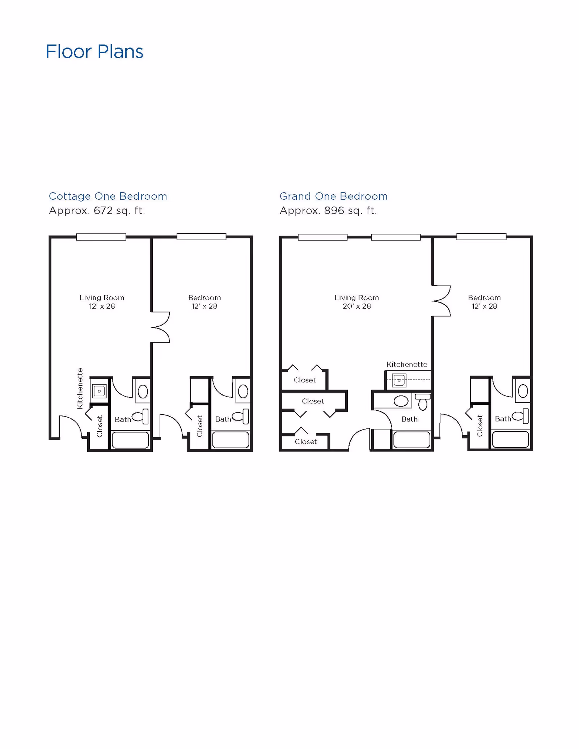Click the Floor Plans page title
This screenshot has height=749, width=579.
click(94, 51)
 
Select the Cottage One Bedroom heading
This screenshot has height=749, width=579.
click(108, 196)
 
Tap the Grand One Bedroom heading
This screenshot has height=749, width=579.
click(333, 196)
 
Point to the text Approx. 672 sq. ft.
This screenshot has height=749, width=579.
click(97, 210)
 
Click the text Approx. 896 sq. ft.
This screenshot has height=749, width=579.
click(328, 210)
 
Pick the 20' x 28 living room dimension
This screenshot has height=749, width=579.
click(357, 306)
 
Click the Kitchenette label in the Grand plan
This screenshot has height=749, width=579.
click(407, 364)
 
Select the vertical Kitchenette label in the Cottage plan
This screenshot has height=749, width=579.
click(80, 388)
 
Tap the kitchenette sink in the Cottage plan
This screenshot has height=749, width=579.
click(99, 391)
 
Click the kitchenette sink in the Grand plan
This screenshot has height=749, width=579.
click(399, 380)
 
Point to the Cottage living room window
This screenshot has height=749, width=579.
click(101, 237)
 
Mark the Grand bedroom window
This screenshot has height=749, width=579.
click(481, 237)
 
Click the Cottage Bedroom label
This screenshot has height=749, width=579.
click(204, 298)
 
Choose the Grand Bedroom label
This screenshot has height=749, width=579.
click(484, 298)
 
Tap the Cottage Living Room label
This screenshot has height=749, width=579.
click(102, 298)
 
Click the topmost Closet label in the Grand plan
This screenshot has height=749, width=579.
click(305, 380)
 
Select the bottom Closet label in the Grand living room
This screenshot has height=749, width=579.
click(306, 441)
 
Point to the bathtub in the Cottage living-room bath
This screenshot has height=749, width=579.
click(130, 440)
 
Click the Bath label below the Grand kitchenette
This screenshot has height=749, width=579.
click(409, 419)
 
